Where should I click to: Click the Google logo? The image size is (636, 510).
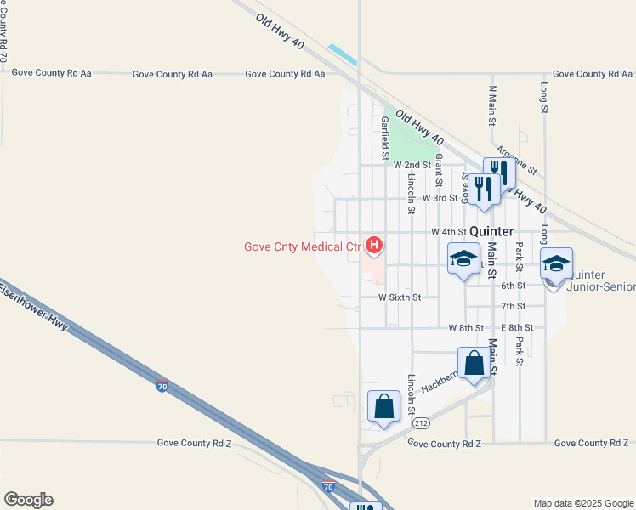tap(28, 500)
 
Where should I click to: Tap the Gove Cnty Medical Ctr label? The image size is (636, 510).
tap(303, 247)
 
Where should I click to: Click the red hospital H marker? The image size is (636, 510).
tap(373, 246)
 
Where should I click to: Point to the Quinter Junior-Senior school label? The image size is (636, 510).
tap(602, 281)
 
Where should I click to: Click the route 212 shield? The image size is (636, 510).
tap(420, 422)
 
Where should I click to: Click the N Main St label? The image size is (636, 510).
tap(492, 102)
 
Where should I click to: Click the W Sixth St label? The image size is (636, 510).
tap(400, 297)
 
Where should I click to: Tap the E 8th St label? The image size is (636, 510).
tap(517, 327)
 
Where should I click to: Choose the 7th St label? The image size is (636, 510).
tap(513, 306)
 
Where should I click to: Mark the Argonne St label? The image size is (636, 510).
tap(514, 158)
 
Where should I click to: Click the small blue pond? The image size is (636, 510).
tap(342, 54)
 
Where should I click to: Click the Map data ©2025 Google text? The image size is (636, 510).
tap(582, 503)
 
